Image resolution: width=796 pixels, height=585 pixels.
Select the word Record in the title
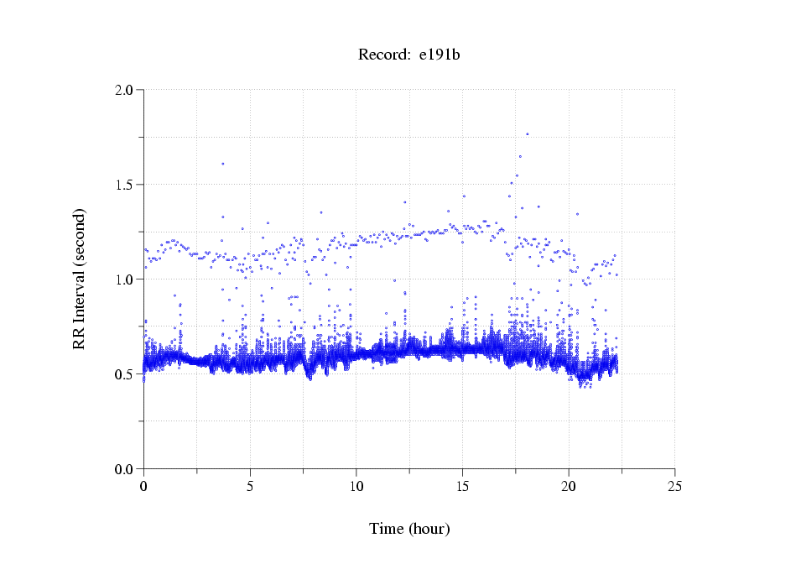383,55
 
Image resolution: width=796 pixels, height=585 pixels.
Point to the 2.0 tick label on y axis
124,90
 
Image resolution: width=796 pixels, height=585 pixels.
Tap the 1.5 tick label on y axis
124,185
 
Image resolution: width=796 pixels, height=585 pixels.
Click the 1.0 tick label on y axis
124,279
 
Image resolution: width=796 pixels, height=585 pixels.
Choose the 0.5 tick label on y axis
124,374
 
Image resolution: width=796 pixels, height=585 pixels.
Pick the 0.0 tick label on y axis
124,469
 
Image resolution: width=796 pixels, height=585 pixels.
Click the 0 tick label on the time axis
143,486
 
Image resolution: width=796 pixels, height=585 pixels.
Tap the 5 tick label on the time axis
250,486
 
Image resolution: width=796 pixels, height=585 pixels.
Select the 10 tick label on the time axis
356,486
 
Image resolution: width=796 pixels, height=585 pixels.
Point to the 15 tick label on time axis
462,486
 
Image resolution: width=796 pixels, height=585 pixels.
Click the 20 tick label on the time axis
569,486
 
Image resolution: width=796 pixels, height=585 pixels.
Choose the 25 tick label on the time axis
675,486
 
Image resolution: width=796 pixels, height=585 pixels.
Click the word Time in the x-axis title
387,530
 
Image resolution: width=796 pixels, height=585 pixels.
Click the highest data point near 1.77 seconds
527,133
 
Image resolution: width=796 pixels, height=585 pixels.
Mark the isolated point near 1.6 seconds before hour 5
222,164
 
